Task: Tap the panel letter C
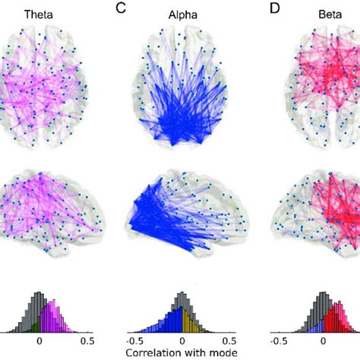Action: pyautogui.click(x=120, y=8)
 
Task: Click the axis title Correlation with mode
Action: pyautogui.click(x=181, y=353)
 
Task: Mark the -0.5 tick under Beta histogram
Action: pyautogui.click(x=279, y=341)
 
